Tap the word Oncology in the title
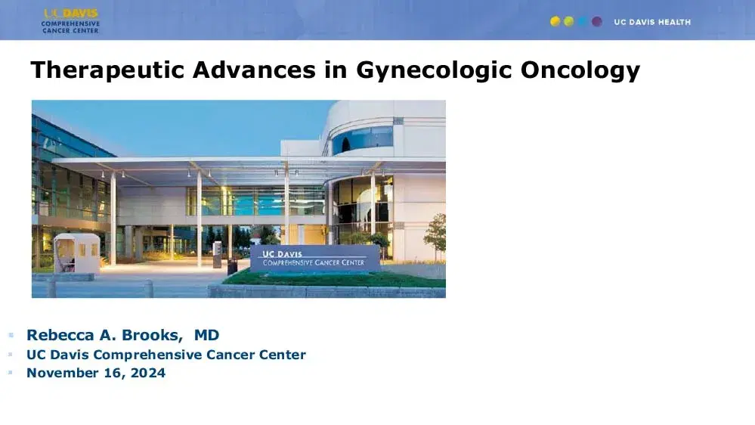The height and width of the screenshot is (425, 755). (580, 70)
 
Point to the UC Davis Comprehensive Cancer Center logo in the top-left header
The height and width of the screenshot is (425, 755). (70, 20)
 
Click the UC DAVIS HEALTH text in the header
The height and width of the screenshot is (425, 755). (652, 22)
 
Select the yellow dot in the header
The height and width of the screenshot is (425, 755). (555, 22)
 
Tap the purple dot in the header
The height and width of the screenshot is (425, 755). (597, 22)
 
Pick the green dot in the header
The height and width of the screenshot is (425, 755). (569, 22)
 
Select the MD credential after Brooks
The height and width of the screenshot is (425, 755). (206, 335)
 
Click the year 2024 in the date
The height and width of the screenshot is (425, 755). (148, 373)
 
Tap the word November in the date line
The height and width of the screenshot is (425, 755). (62, 373)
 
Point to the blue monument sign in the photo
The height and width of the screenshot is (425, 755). (315, 259)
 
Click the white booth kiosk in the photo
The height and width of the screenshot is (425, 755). (76, 253)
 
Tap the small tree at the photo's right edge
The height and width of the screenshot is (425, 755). (436, 234)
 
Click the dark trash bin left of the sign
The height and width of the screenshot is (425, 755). (232, 266)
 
